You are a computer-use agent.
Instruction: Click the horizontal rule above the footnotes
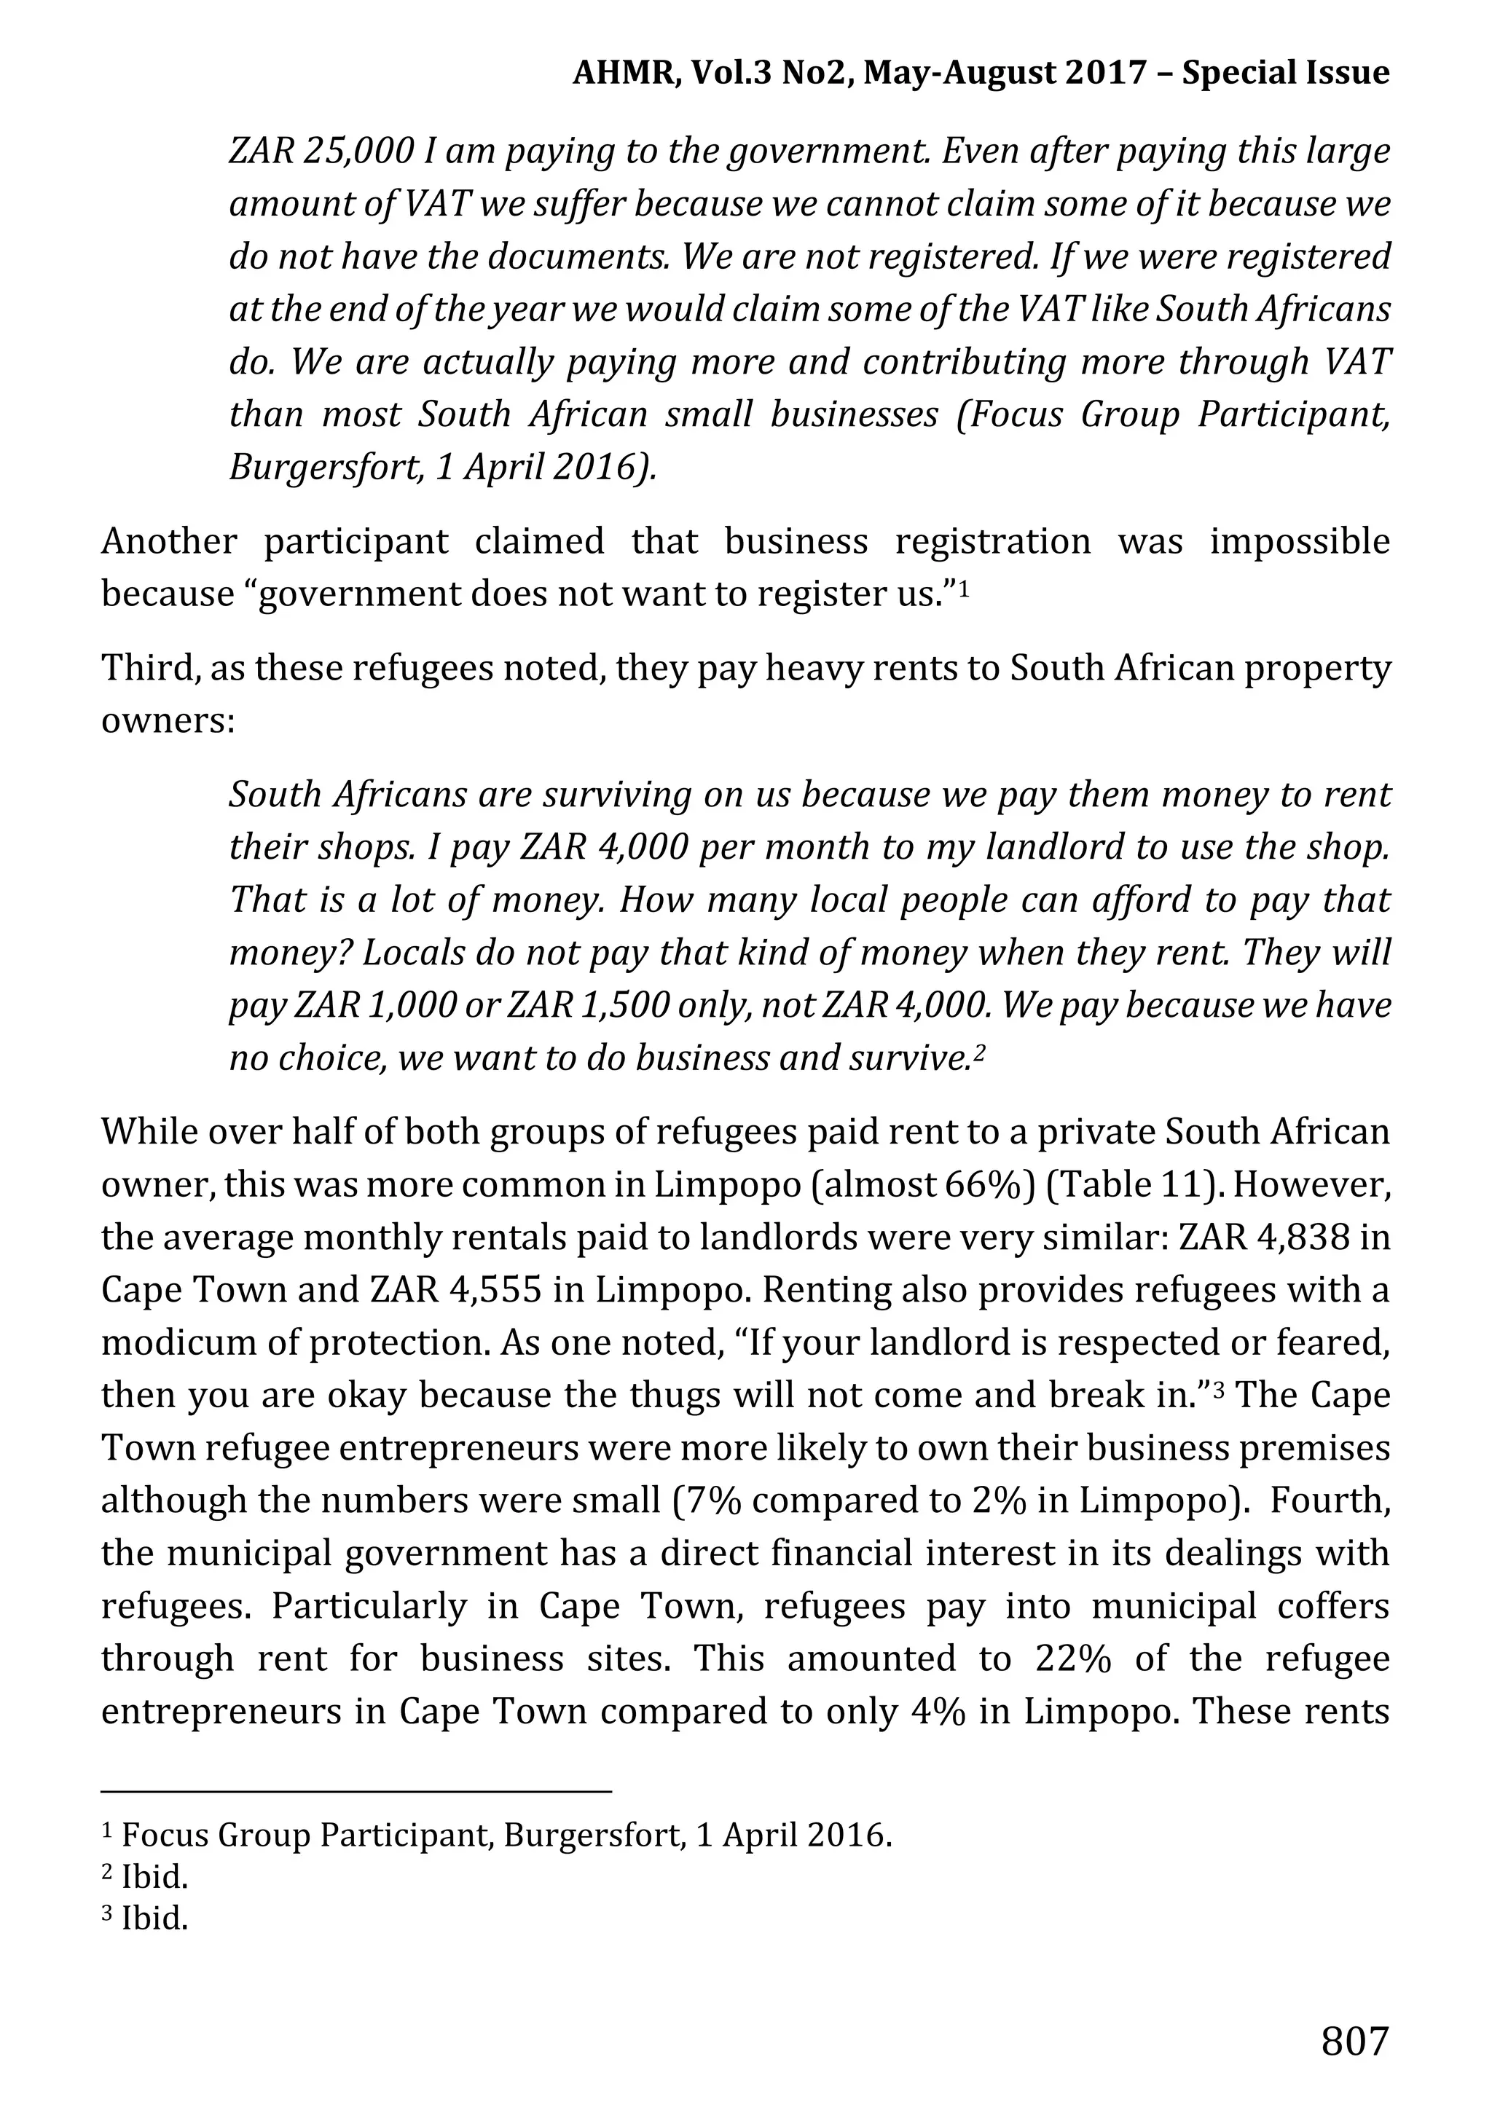pyautogui.click(x=356, y=1791)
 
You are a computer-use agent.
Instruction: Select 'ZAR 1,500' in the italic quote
pyautogui.click(x=588, y=1005)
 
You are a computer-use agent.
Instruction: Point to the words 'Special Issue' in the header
pyautogui.click(x=1285, y=73)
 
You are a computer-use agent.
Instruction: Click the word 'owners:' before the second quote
pyautogui.click(x=168, y=720)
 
